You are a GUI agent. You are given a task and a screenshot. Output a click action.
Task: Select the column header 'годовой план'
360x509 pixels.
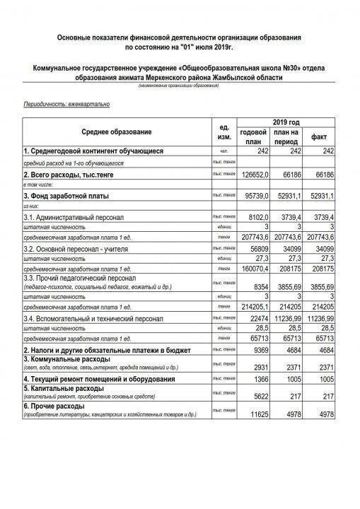point(253,136)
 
